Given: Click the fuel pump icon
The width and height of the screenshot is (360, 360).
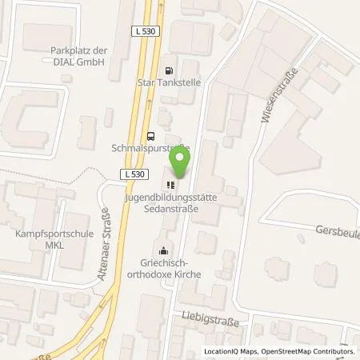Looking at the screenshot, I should point(167,70).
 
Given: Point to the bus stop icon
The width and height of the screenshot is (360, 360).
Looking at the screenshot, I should point(150,135).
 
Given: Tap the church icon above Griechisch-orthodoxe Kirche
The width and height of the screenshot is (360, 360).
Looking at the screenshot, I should point(164,249).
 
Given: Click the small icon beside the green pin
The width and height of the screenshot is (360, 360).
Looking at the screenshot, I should point(170,183).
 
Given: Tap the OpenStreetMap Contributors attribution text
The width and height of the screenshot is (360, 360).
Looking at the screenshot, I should point(309,352).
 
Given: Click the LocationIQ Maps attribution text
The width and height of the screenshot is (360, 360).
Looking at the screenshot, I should point(230,352).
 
